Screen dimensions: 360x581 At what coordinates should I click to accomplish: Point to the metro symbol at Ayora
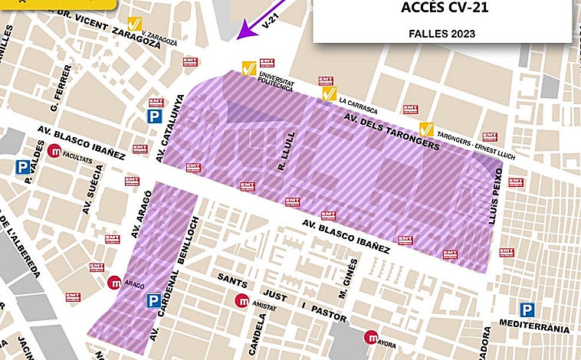click(x=372, y=335)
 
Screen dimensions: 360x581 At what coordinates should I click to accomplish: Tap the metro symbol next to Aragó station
click(x=114, y=282)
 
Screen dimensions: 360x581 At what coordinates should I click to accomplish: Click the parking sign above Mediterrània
click(x=527, y=310)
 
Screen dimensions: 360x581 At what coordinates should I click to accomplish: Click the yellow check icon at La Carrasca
click(x=330, y=93)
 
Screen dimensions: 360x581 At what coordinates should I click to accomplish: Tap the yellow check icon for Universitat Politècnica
click(x=248, y=68)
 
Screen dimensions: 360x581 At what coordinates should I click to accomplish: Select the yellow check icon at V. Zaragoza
click(x=135, y=25)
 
